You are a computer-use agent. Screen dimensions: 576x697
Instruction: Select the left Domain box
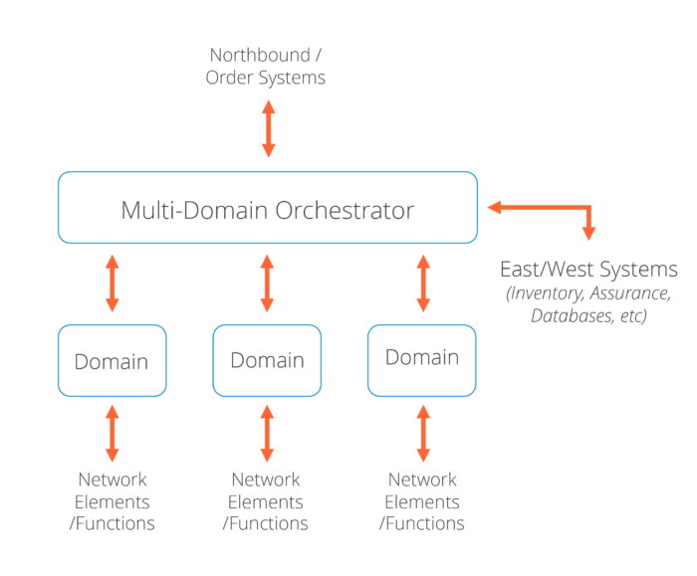[112, 361]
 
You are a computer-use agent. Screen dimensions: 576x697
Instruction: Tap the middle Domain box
[267, 360]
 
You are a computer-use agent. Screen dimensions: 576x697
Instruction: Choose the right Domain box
[422, 357]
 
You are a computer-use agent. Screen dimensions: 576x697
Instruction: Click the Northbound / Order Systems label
[265, 65]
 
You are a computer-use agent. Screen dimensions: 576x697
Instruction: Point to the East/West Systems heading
[588, 270]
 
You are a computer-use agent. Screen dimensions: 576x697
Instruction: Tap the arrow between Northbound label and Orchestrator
[268, 129]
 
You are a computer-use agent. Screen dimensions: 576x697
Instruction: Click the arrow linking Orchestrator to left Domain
[113, 284]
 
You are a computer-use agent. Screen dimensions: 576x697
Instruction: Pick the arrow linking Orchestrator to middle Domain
[267, 284]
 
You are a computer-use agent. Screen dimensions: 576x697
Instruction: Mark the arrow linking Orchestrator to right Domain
[423, 284]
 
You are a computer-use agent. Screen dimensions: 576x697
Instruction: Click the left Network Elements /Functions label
[112, 501]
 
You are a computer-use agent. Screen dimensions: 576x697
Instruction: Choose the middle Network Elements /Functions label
[266, 501]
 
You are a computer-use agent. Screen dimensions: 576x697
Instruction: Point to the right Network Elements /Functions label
[422, 501]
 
